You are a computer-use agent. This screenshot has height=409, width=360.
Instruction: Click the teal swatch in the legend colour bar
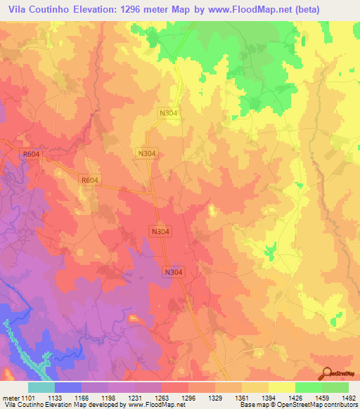click(41, 387)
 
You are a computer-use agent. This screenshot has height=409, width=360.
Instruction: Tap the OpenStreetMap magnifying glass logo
click(326, 374)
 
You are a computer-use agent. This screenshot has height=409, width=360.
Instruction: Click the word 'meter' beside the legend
click(9, 397)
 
